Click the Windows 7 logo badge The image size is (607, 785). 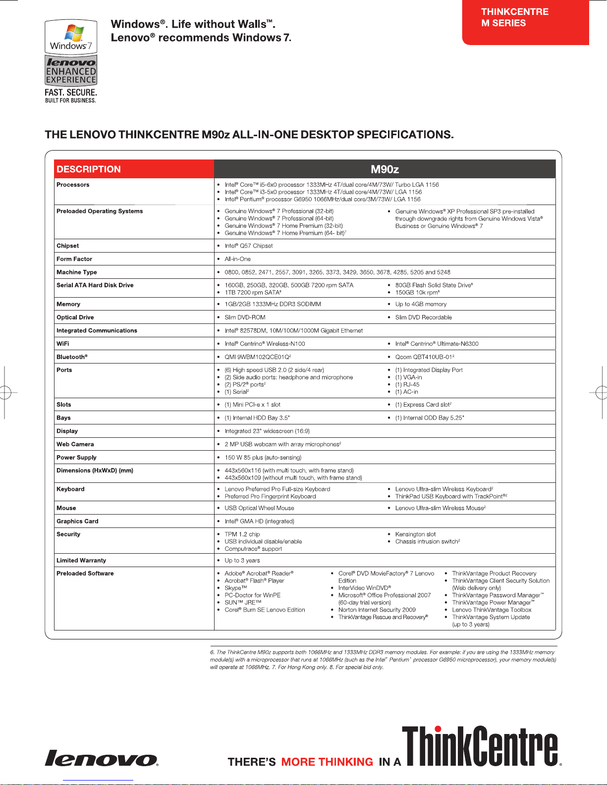(71, 37)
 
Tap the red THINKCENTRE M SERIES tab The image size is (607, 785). (525, 22)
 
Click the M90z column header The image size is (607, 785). (385, 169)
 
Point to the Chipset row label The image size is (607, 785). (68, 246)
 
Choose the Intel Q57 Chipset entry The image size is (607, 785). (249, 246)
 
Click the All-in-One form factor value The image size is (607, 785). (238, 259)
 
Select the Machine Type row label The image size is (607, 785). (77, 272)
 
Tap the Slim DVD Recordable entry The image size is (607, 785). (423, 317)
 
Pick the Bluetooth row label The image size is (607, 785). (72, 357)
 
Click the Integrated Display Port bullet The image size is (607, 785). (429, 370)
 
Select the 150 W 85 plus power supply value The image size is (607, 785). (263, 458)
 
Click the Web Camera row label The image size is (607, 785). (75, 444)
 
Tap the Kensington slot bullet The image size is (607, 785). (415, 534)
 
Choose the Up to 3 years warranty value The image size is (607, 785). (242, 561)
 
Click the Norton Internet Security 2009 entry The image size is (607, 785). (377, 610)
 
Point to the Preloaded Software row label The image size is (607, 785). (85, 574)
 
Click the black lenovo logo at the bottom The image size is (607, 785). (102, 758)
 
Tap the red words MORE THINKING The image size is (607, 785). (327, 762)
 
